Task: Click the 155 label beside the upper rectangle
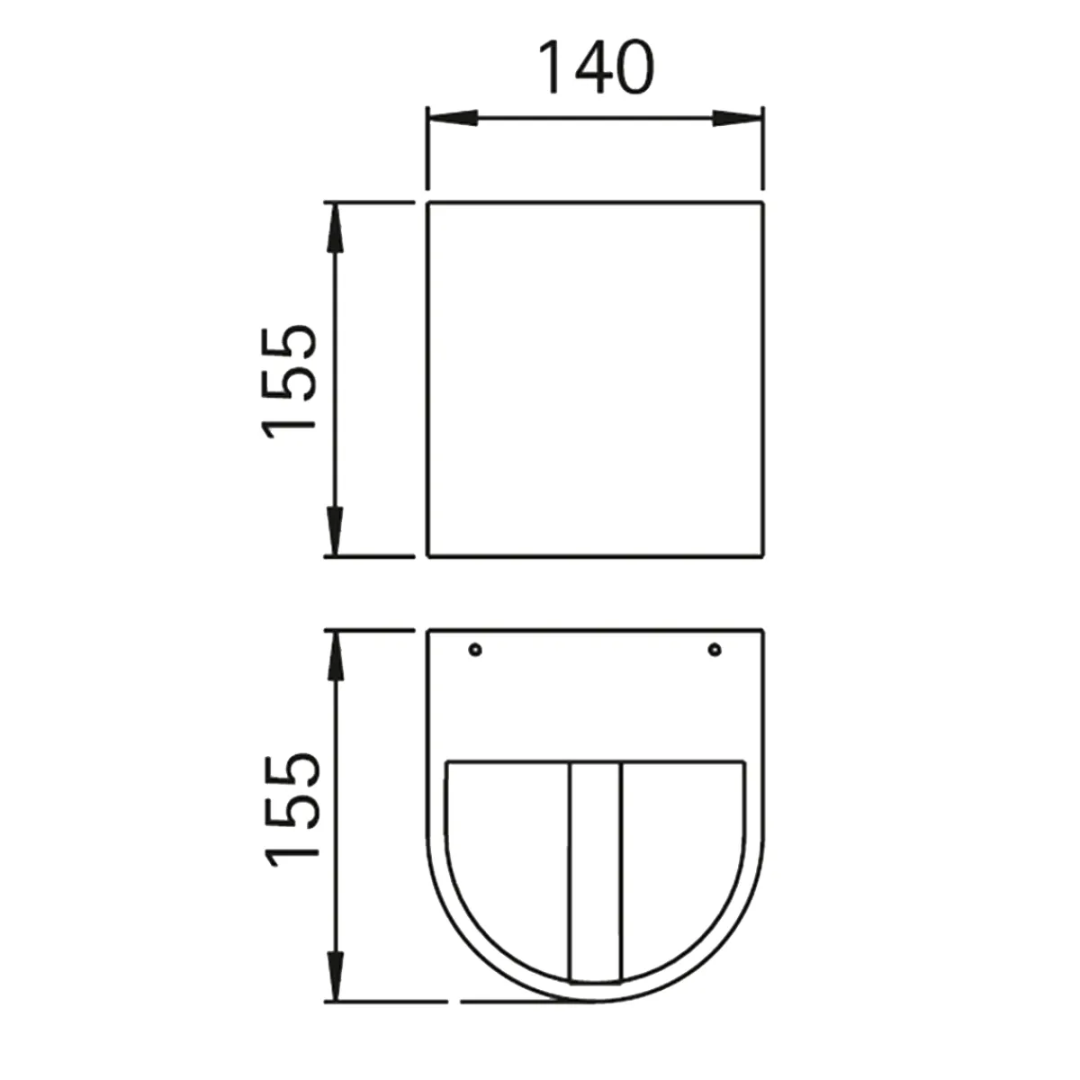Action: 291,380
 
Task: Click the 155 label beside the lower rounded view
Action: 291,809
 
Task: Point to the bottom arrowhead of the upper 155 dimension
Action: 335,533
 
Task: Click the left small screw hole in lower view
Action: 475,649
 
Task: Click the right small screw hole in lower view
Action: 715,649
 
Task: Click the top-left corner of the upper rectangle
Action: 427,204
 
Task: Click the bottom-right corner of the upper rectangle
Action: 763,556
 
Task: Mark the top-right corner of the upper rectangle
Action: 763,204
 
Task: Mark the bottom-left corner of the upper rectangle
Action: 427,556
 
